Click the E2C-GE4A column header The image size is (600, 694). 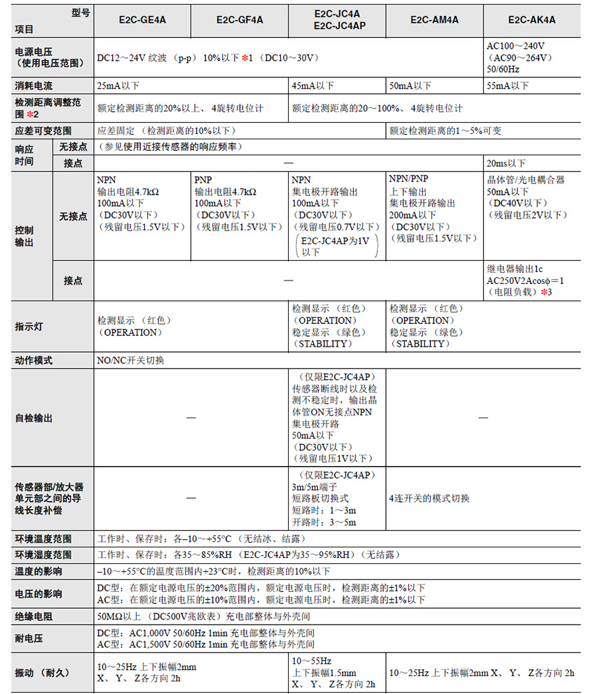tap(142, 20)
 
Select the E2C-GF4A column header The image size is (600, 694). tap(239, 20)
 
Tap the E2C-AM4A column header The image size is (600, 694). tap(435, 20)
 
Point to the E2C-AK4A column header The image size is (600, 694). tap(533, 20)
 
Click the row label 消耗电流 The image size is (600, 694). tap(33, 86)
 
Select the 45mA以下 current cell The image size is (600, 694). tap(313, 86)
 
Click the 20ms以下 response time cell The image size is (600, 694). tap(507, 163)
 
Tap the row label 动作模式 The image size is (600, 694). tap(33, 361)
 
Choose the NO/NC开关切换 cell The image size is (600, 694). tap(131, 361)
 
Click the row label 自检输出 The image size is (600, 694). tap(33, 418)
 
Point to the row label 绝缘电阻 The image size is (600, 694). tap(33, 616)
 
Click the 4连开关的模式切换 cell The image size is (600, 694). tap(429, 498)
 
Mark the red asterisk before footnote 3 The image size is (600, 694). tap(544, 292)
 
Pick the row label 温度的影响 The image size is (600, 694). tap(38, 571)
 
